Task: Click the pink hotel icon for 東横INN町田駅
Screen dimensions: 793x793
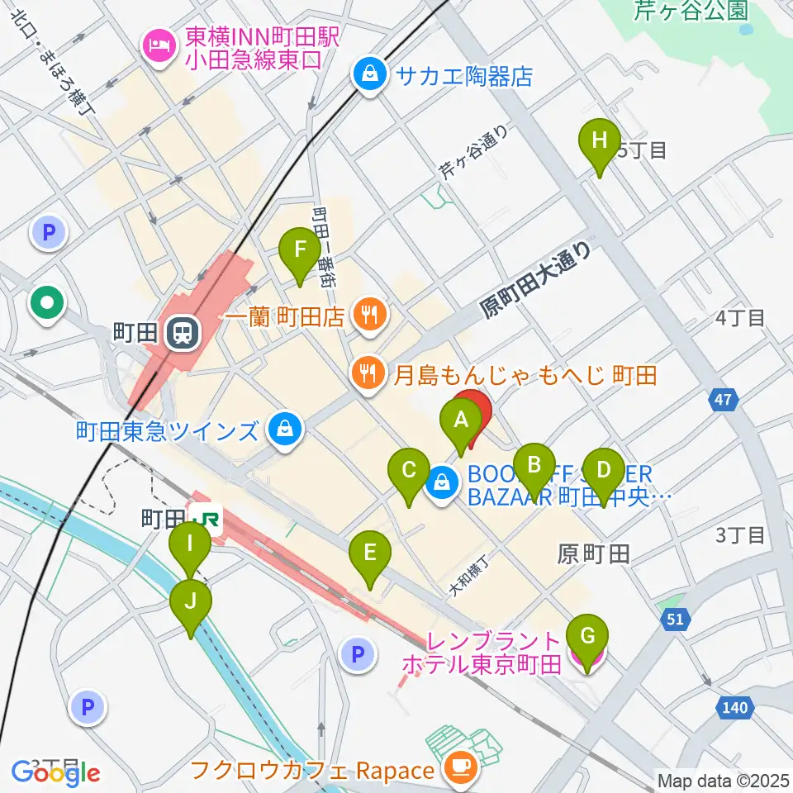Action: pyautogui.click(x=157, y=45)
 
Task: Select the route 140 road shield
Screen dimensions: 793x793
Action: pyautogui.click(x=734, y=707)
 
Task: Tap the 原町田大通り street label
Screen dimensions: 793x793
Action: pyautogui.click(x=537, y=279)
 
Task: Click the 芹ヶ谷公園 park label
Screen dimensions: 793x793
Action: pyautogui.click(x=691, y=11)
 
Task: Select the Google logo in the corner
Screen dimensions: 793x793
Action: pyautogui.click(x=55, y=772)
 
